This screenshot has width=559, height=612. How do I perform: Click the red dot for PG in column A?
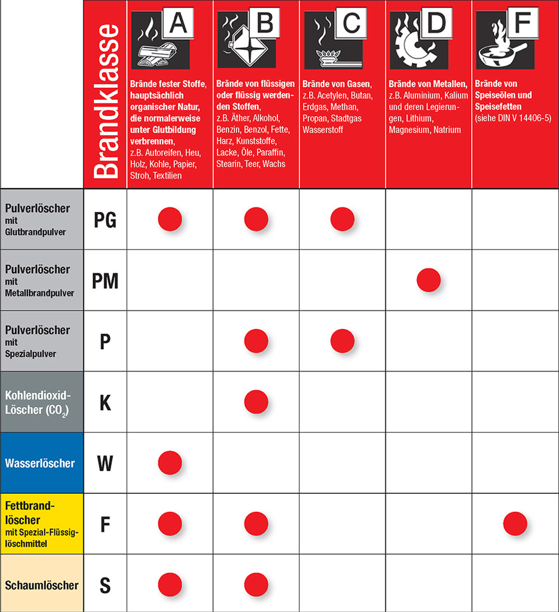click(170, 219)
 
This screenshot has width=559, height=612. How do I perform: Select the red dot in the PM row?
click(429, 280)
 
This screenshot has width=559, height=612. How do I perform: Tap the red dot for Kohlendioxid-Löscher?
click(256, 402)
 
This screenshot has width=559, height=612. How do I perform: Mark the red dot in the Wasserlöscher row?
click(170, 463)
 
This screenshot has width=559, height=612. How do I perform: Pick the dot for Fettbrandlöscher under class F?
click(515, 524)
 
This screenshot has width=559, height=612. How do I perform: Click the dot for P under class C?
click(342, 341)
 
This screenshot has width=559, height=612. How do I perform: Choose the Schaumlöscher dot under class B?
click(256, 585)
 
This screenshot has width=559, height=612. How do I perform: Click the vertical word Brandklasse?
click(105, 101)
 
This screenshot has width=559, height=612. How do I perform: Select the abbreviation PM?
click(105, 280)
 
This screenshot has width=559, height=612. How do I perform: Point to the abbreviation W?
click(105, 463)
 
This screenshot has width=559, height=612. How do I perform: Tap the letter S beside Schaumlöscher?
click(105, 585)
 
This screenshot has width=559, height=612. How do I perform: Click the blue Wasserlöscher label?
click(40, 463)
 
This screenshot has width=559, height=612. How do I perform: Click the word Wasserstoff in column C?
click(323, 130)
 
